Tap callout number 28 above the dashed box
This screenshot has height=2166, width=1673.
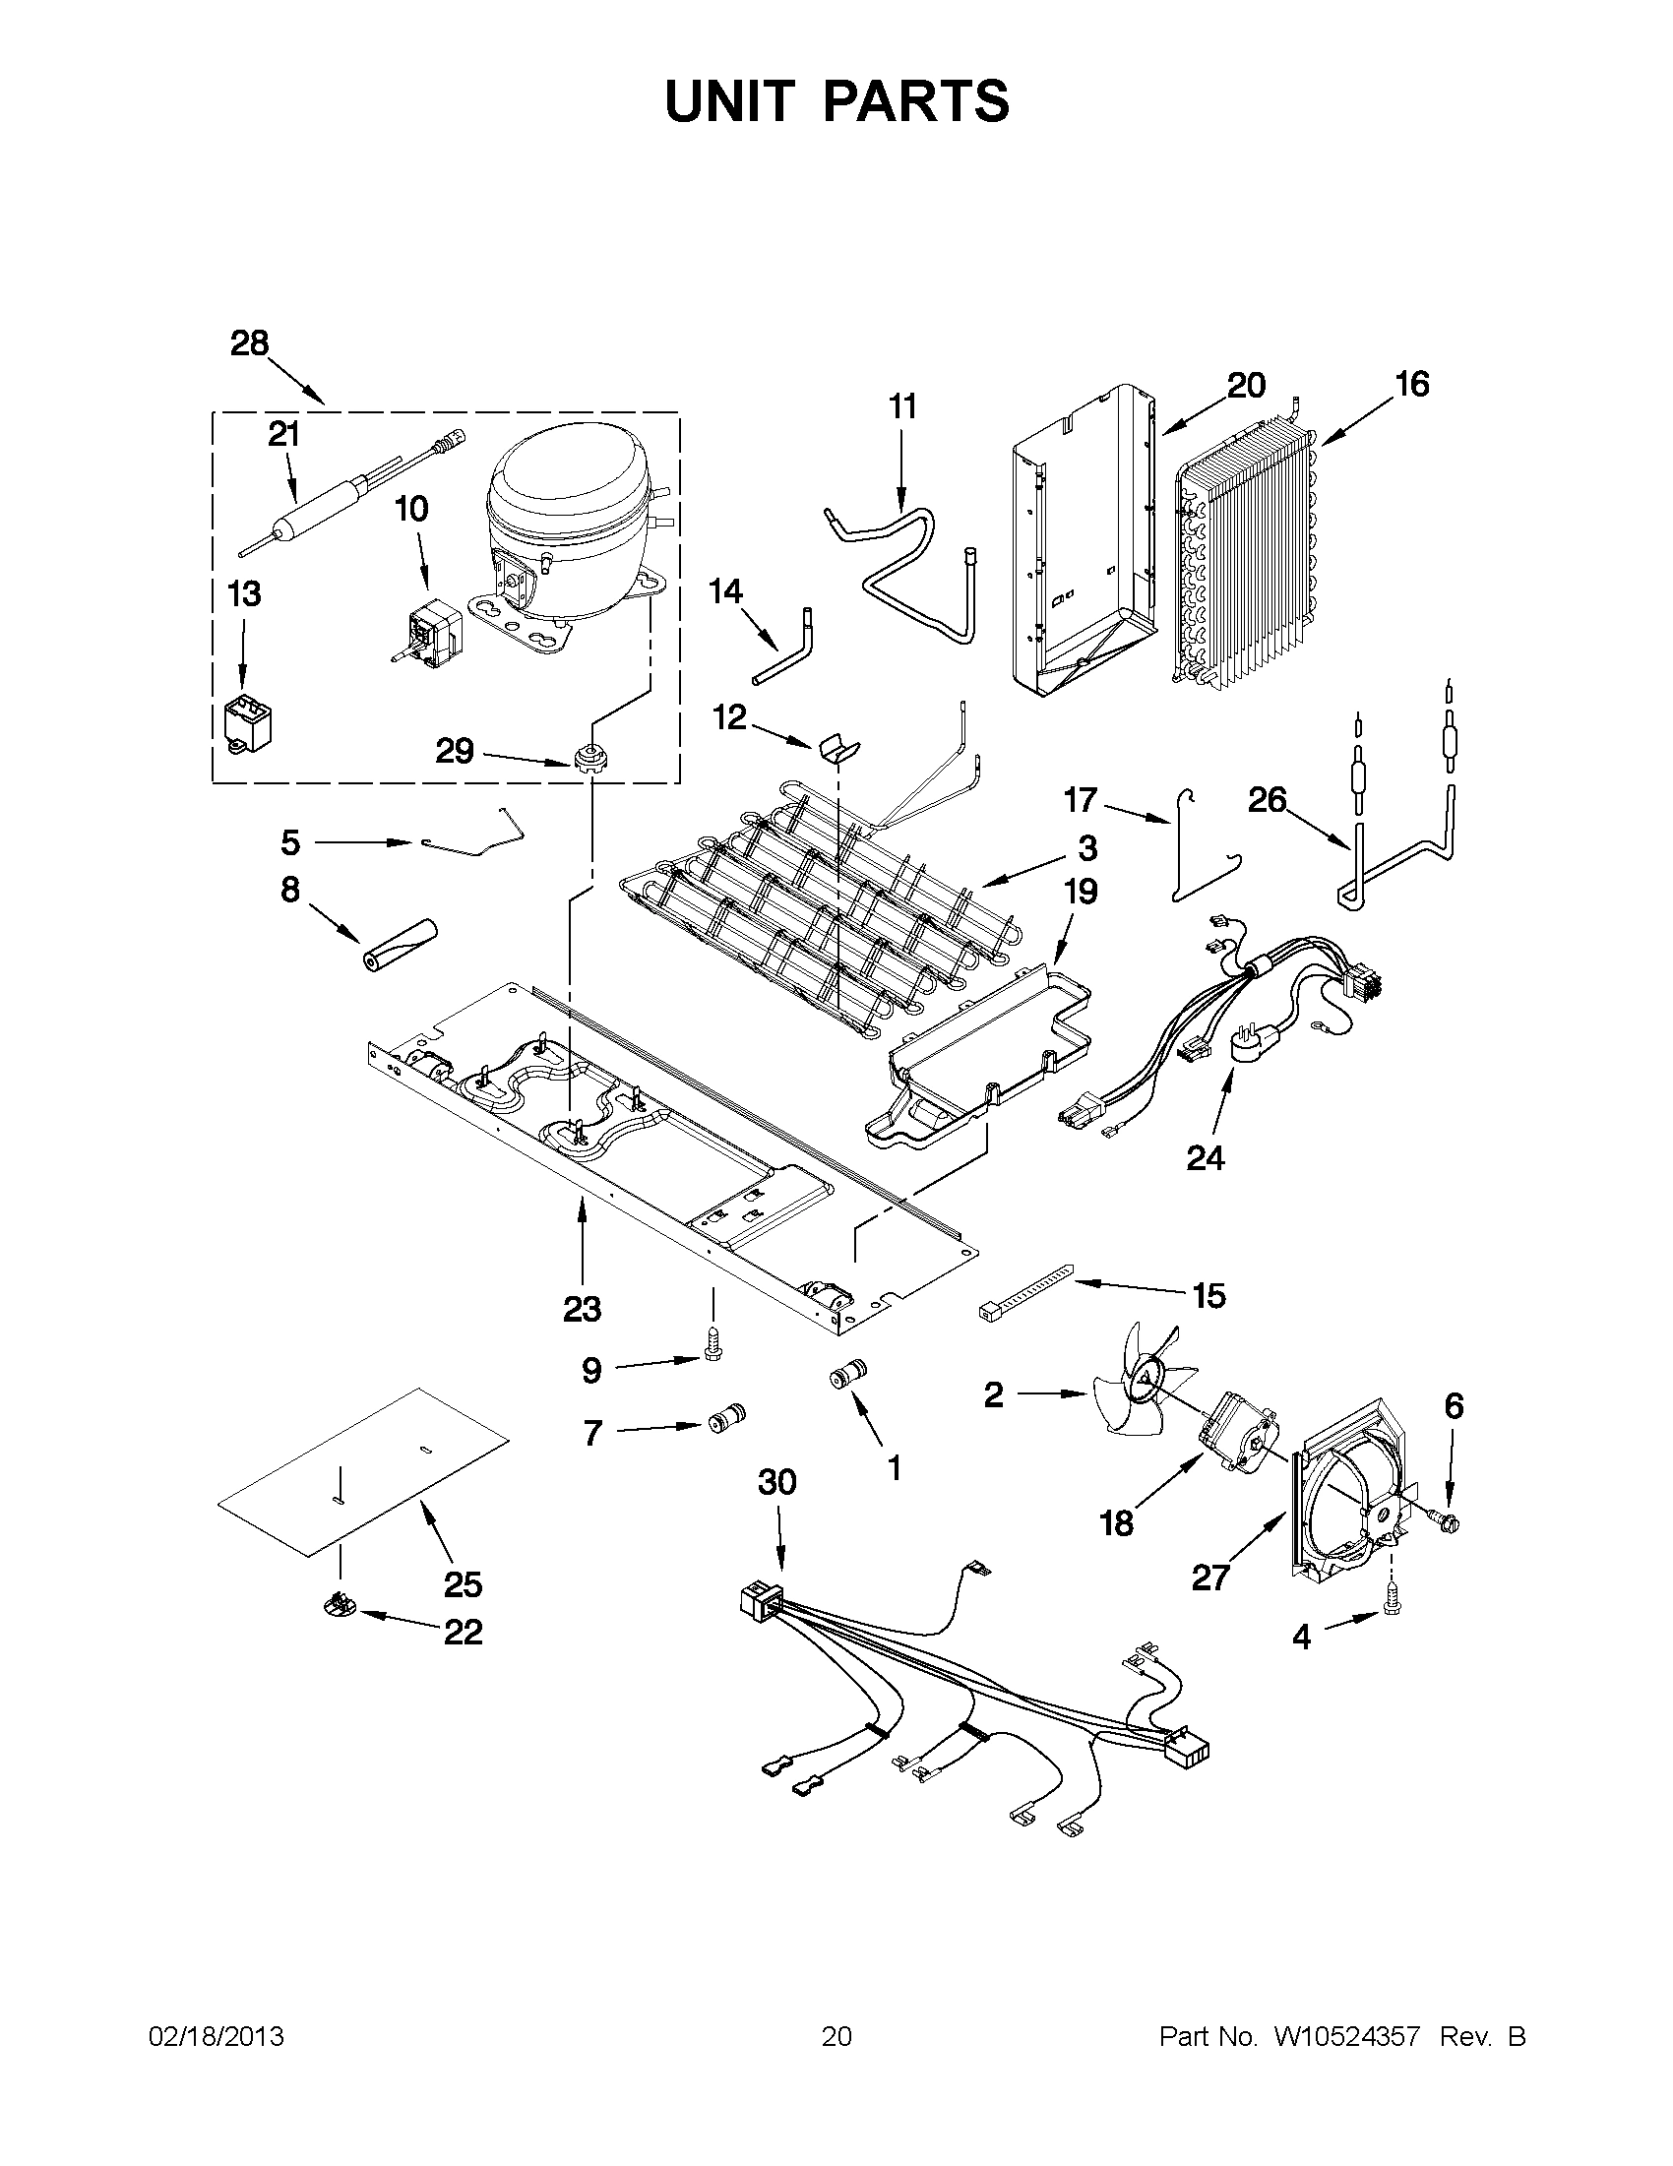(x=249, y=344)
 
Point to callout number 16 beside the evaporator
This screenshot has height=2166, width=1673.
(x=1411, y=385)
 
